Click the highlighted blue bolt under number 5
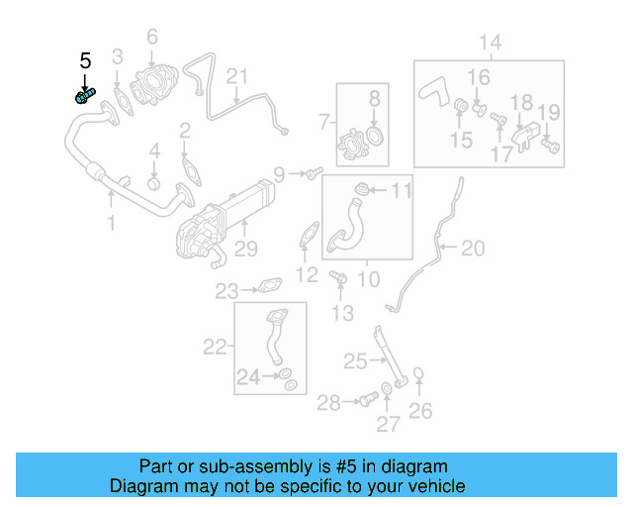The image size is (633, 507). point(83,96)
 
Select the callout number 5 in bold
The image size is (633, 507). point(85,61)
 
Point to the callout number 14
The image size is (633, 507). point(491,42)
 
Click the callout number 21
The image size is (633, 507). point(237,77)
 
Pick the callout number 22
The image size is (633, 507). point(215,347)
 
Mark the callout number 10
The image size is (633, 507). point(367,279)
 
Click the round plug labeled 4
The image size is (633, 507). point(154,183)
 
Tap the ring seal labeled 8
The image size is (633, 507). point(376,135)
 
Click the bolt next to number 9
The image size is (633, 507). point(314,174)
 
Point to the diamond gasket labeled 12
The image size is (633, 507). point(309,237)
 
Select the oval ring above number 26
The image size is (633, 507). point(419,374)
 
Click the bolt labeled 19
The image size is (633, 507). point(551,146)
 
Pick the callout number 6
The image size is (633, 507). point(152,38)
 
